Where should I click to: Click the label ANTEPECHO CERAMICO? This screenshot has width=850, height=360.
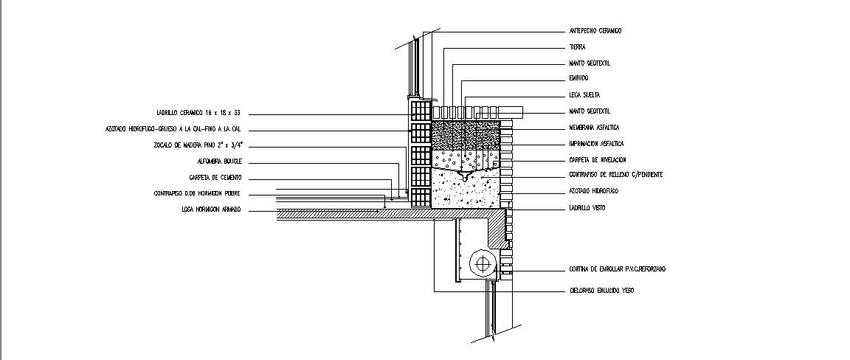[x=595, y=31]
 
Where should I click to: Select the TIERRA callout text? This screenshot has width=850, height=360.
[x=577, y=47]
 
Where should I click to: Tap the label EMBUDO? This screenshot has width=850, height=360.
[x=578, y=78]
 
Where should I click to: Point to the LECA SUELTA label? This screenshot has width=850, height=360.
[x=584, y=95]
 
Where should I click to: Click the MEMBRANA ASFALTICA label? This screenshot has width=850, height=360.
[x=594, y=128]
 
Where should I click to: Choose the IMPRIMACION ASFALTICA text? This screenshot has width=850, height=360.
[x=597, y=144]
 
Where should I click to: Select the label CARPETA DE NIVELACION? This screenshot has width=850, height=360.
[x=598, y=160]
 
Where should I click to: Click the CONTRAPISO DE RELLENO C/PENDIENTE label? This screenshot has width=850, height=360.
[x=615, y=175]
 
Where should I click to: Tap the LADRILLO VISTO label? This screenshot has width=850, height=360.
[x=587, y=209]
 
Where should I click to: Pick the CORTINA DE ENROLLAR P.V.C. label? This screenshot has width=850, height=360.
[x=617, y=269]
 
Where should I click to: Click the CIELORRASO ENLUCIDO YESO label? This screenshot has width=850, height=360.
[x=601, y=291]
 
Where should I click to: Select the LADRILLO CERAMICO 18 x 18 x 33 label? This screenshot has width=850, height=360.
[x=198, y=114]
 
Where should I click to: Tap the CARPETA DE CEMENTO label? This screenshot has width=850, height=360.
[x=215, y=178]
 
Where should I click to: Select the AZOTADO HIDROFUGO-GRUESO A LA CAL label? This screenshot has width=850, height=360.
[x=173, y=129]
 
